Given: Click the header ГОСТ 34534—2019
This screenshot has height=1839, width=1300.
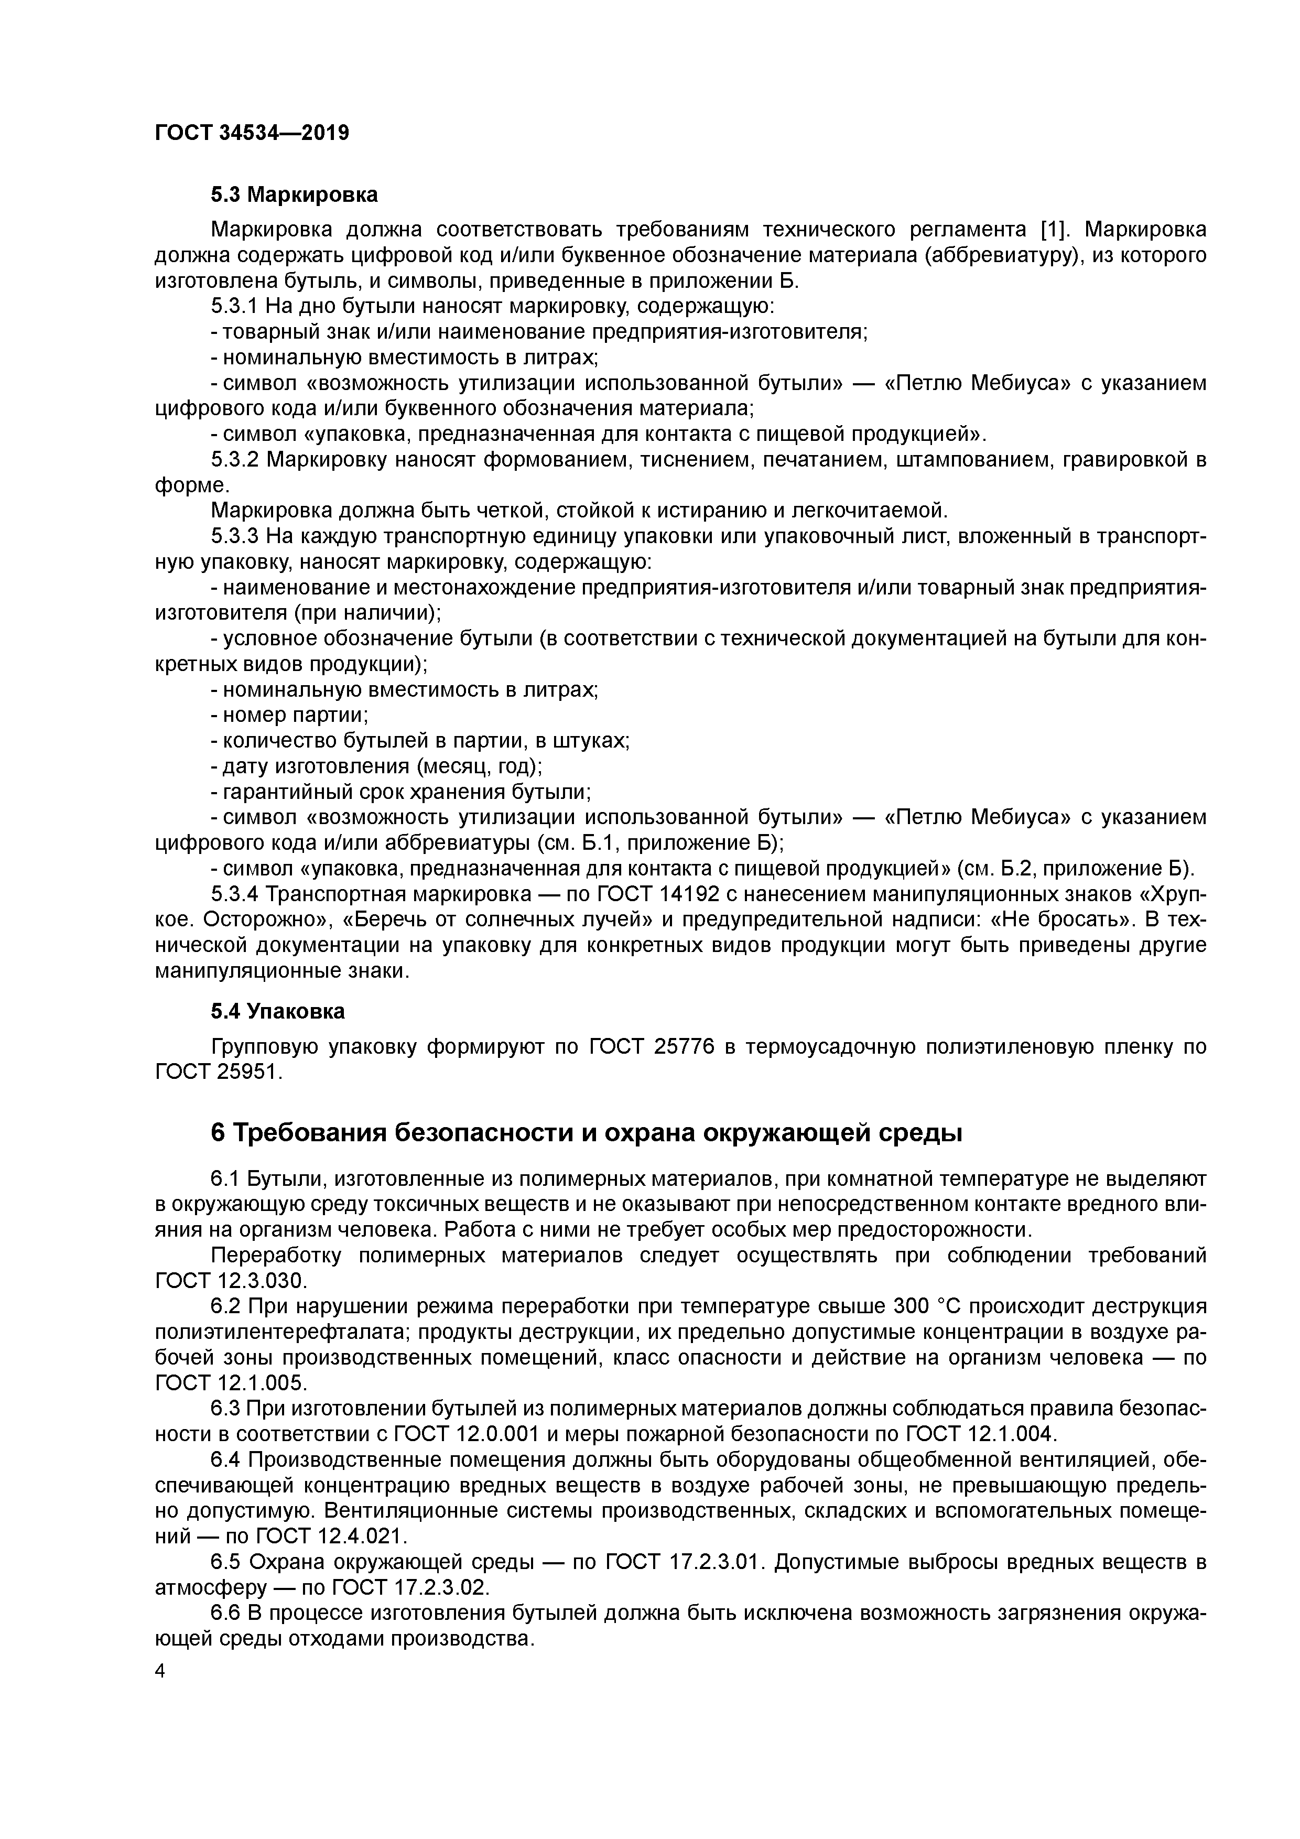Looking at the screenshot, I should point(252,133).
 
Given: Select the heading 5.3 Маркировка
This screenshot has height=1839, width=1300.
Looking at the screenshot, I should point(294,194).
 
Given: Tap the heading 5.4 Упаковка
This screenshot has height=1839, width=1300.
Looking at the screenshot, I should point(277,1012).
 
